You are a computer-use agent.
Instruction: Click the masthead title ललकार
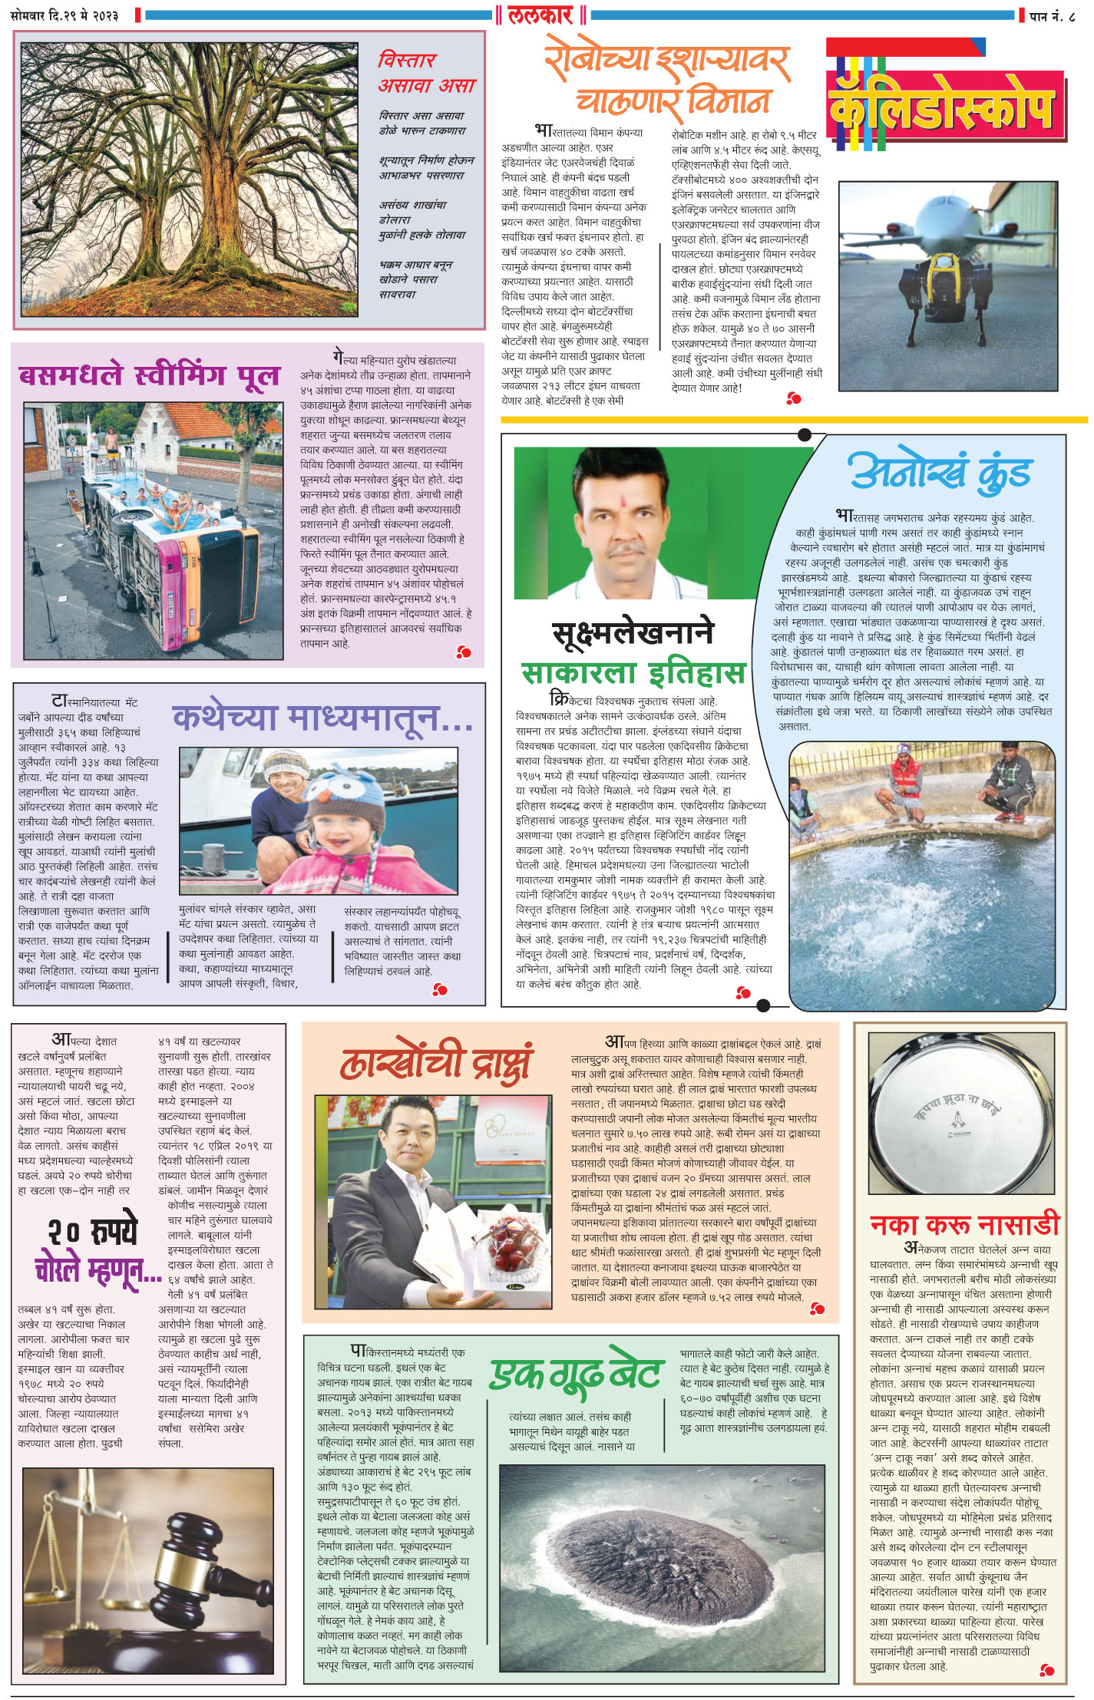click(540, 15)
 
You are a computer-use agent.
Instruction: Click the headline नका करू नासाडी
click(963, 1223)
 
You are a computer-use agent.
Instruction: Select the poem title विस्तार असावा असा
click(426, 73)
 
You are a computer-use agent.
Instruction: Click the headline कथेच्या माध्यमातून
click(322, 718)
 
